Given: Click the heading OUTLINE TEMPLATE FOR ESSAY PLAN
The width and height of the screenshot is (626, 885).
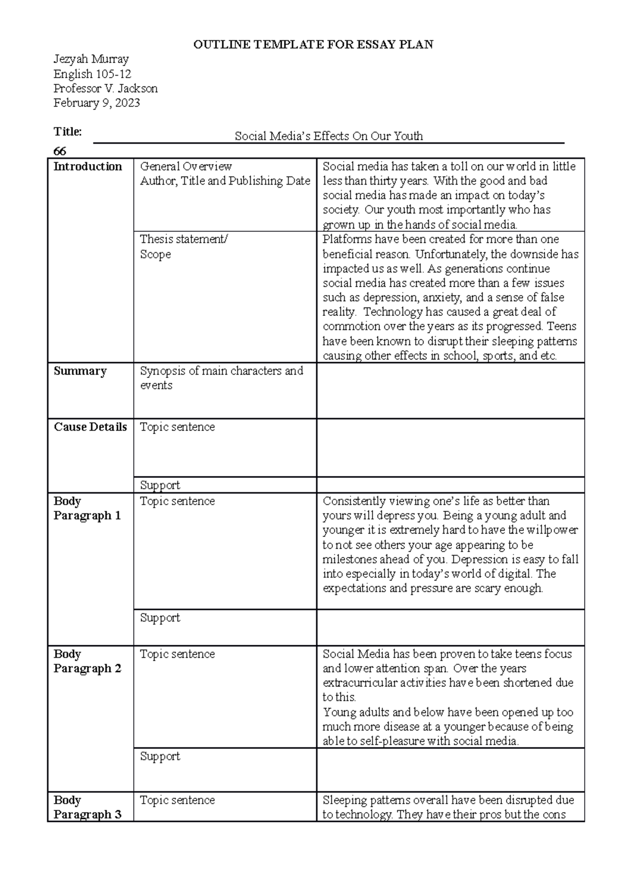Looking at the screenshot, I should pyautogui.click(x=313, y=44).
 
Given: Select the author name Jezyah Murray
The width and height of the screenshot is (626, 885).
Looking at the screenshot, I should pyautogui.click(x=91, y=59).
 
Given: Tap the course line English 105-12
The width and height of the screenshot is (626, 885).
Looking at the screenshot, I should pyautogui.click(x=92, y=73).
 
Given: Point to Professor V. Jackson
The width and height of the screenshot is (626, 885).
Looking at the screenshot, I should pyautogui.click(x=105, y=88).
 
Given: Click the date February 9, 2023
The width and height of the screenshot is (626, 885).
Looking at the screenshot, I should pyautogui.click(x=97, y=103).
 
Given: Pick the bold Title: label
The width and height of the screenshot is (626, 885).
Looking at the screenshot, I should pyautogui.click(x=68, y=131).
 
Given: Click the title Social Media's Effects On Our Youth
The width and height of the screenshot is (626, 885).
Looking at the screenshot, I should pyautogui.click(x=329, y=137).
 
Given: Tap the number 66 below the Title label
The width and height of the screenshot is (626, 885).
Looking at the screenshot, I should pyautogui.click(x=60, y=151).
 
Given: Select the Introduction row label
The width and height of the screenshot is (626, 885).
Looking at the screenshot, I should pyautogui.click(x=88, y=167).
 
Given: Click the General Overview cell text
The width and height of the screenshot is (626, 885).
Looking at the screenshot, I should pyautogui.click(x=186, y=167).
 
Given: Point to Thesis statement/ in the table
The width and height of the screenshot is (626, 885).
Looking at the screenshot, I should pyautogui.click(x=184, y=239).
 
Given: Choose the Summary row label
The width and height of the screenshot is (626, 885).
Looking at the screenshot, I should pyautogui.click(x=80, y=371).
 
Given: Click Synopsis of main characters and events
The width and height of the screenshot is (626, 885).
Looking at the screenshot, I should pyautogui.click(x=221, y=378).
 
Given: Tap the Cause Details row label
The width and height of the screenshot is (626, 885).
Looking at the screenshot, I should pyautogui.click(x=90, y=427).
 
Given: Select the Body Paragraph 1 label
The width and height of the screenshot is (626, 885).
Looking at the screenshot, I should pyautogui.click(x=87, y=508).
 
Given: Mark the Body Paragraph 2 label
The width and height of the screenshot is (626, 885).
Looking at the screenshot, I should pyautogui.click(x=87, y=661).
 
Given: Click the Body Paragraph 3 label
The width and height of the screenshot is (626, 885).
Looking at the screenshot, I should pyautogui.click(x=87, y=807).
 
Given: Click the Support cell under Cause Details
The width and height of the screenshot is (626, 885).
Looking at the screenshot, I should pyautogui.click(x=160, y=485).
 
